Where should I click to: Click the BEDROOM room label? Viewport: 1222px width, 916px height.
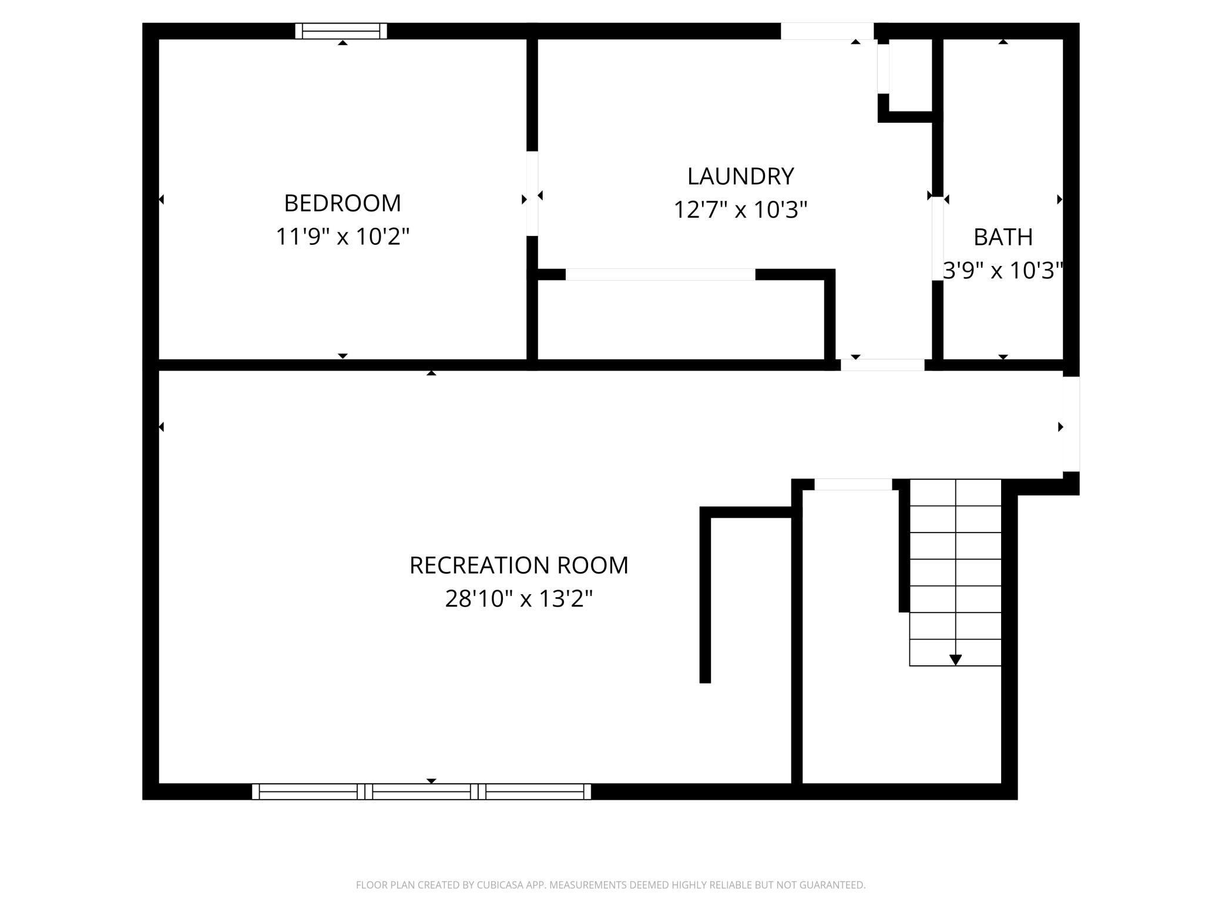[343, 203]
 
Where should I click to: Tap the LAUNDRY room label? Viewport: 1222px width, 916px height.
[741, 176]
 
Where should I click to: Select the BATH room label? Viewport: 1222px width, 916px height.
[1003, 237]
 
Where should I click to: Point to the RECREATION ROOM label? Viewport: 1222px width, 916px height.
[519, 565]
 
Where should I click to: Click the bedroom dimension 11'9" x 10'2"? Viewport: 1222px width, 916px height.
[343, 237]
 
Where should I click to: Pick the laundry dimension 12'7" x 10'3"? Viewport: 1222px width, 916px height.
[741, 210]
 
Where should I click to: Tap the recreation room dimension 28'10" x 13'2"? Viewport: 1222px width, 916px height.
[519, 599]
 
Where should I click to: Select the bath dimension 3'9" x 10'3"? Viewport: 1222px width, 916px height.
[1003, 271]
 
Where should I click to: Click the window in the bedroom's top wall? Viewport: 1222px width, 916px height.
[341, 31]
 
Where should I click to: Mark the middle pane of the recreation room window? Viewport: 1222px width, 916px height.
[422, 792]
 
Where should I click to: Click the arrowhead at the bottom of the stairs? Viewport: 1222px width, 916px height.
[955, 660]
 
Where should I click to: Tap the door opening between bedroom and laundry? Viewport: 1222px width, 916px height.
[532, 194]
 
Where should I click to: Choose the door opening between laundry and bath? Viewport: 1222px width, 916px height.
[938, 238]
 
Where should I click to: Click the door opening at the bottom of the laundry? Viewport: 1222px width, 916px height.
[882, 365]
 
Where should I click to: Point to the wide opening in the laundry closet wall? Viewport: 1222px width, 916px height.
[660, 275]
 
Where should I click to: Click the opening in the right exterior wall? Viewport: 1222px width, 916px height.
[1071, 424]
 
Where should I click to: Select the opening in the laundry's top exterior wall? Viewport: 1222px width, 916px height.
[827, 31]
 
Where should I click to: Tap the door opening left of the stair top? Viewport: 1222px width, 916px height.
[853, 484]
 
